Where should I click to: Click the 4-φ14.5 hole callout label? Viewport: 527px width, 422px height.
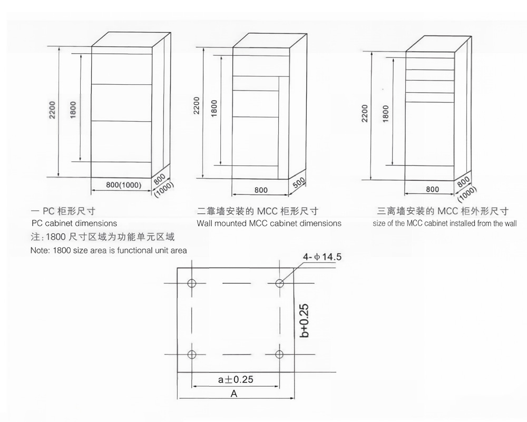322,257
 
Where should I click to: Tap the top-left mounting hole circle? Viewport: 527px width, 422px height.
192,283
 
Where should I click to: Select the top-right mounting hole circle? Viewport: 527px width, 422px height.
279,283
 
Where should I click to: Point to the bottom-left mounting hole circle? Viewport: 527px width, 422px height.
192,354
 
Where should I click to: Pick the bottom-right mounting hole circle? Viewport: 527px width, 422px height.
279,354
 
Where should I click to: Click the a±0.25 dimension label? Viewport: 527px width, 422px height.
236,379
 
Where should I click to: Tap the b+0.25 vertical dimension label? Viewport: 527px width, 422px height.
304,320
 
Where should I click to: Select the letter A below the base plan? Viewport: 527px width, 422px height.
234,394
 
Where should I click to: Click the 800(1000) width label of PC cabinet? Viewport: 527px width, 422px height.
124,185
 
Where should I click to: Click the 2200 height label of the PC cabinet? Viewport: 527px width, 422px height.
52,110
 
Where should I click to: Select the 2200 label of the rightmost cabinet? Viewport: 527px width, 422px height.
365,113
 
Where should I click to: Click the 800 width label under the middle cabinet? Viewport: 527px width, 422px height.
261,190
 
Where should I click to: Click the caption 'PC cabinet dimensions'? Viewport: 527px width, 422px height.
74,223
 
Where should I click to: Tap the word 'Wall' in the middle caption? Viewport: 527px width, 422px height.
204,223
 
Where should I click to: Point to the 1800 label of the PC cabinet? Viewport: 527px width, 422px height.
73,110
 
